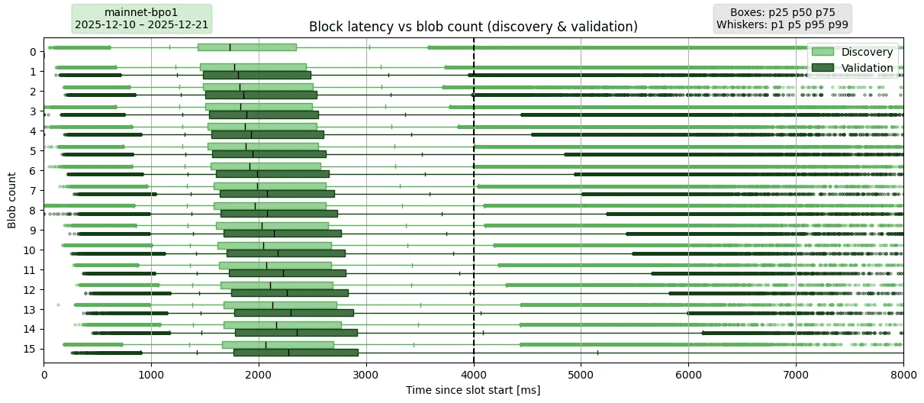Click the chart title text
pos(473,27)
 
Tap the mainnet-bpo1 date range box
pos(141,18)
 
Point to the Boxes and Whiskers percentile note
pos(782,18)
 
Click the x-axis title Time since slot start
pos(473,390)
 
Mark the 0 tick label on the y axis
pos(32,51)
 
